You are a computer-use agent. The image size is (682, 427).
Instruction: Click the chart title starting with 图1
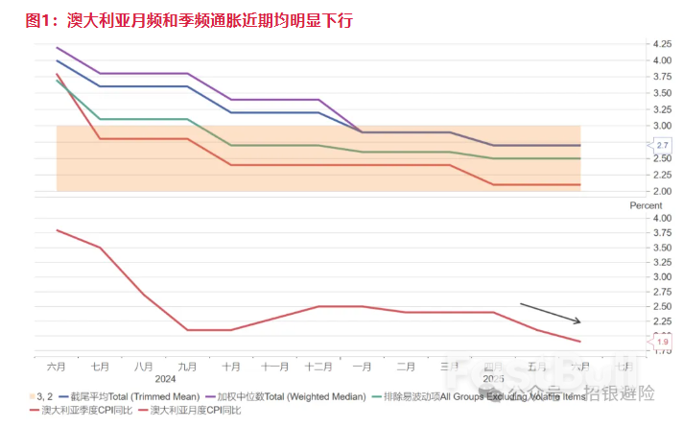tap(188, 19)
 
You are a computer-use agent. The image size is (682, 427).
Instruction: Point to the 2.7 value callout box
tap(663, 145)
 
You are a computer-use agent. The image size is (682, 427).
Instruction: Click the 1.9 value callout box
tap(663, 342)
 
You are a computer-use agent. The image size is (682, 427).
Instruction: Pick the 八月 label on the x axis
tap(144, 367)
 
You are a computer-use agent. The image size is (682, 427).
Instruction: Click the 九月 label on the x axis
tap(187, 367)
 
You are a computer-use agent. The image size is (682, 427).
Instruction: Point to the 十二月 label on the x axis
tap(317, 367)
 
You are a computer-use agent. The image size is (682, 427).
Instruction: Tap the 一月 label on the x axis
tap(362, 367)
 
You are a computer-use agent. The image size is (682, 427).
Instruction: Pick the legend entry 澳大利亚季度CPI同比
tap(80, 410)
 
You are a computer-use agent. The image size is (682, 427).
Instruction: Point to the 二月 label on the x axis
tap(405, 367)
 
